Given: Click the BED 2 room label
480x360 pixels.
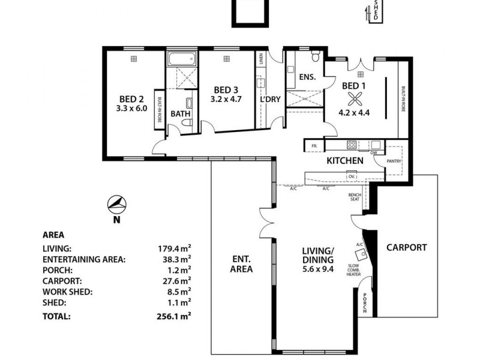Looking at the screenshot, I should pos(131,100).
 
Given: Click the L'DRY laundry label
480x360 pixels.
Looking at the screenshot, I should pos(270,100).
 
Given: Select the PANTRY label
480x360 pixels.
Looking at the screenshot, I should pos(394,161).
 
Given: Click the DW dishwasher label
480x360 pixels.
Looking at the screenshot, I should pos(373,152).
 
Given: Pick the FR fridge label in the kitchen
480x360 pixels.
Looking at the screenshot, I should pos(313,146).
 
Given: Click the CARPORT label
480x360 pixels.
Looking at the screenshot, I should pos(406,247).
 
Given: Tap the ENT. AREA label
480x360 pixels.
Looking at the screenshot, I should pos(241,264).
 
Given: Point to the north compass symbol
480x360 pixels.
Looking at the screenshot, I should pos(117,205).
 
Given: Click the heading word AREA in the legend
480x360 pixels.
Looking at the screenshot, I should pos(53,235).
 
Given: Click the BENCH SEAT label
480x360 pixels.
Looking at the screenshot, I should pos(354,197).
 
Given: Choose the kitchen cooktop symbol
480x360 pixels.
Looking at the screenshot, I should pos(351,145).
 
